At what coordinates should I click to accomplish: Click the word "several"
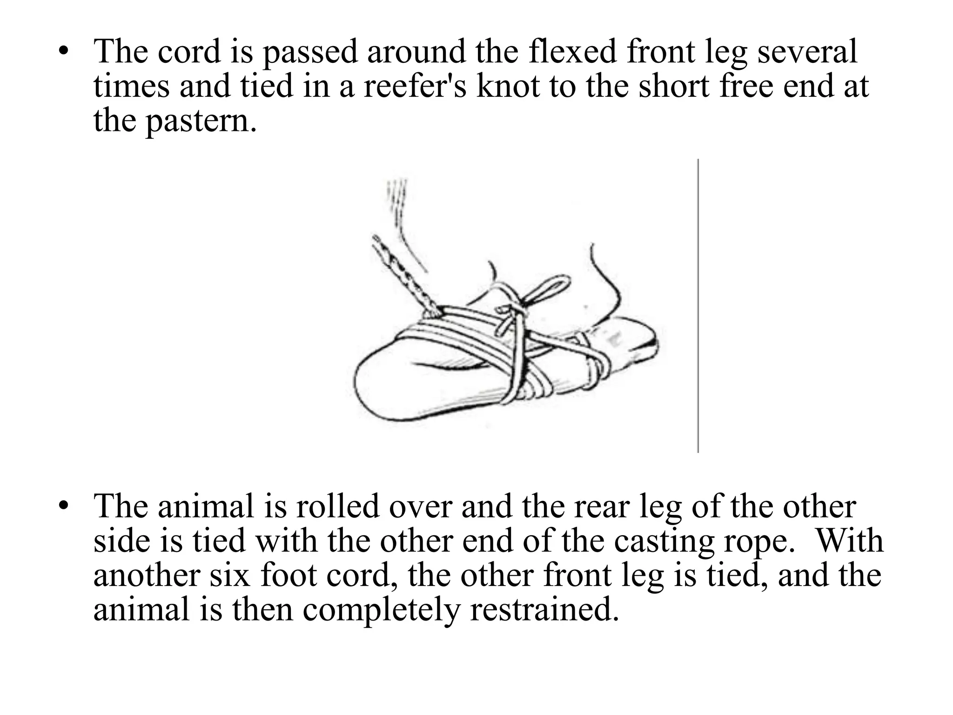[x=807, y=51]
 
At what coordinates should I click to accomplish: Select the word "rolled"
[x=337, y=506]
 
